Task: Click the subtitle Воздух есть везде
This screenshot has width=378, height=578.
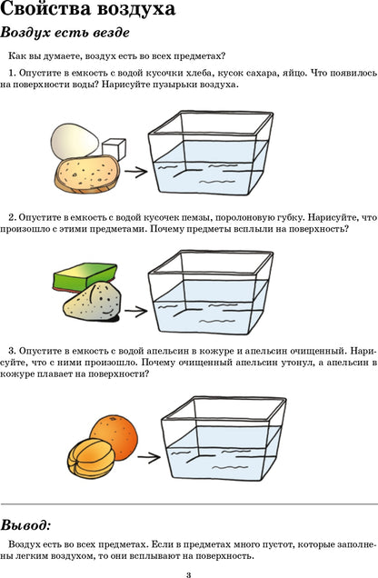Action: [67, 34]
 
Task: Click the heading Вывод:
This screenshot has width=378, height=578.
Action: [26, 525]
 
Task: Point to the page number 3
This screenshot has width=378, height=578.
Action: [188, 573]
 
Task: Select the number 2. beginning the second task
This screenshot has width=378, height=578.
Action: [12, 217]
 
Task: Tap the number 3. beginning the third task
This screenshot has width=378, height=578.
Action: [12, 350]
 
